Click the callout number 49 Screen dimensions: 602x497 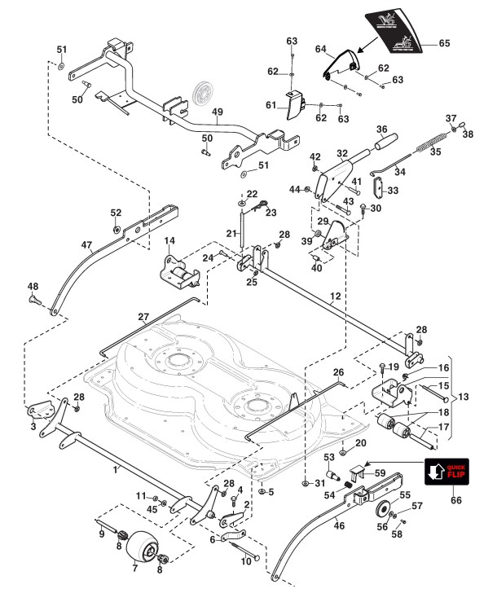point(218,112)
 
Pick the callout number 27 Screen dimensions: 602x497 point(143,318)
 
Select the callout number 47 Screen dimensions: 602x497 point(87,244)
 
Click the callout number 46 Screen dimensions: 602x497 point(339,526)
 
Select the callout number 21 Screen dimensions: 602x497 point(231,234)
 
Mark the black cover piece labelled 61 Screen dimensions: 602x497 point(293,105)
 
